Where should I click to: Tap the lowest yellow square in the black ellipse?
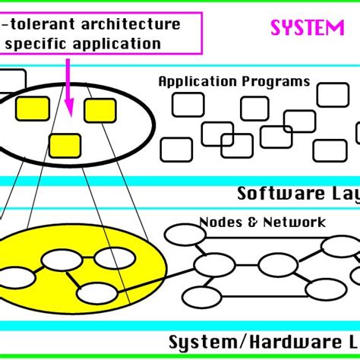tap(65, 144)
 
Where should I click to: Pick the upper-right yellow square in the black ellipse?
tap(99, 110)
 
